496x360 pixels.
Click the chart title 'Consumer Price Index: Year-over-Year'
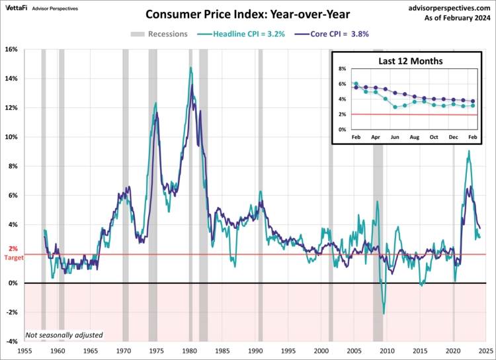tap(248, 15)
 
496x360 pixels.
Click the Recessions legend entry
tap(159, 34)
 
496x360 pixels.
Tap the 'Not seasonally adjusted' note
tap(65, 335)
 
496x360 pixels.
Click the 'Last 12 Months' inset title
tap(410, 61)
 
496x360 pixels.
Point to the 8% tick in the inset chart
tap(343, 69)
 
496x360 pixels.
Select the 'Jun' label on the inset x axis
tap(394, 136)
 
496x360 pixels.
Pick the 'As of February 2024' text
tap(454, 18)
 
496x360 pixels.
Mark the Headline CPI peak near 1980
tap(190, 67)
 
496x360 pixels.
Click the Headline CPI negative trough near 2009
tap(384, 314)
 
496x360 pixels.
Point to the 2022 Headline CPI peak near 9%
tap(469, 151)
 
